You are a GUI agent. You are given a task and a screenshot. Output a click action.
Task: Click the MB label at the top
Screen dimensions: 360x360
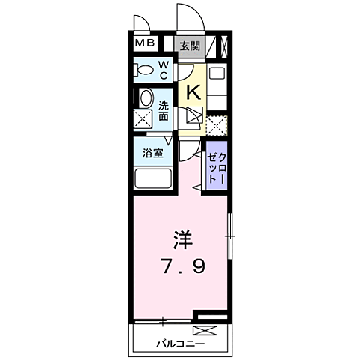coord(144,43)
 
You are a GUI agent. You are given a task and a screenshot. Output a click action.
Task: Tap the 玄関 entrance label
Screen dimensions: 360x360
coord(188,44)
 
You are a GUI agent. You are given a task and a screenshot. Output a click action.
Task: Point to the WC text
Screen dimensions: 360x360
coord(163,70)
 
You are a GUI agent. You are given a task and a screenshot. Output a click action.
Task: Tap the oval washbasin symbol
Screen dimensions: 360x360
coord(144,97)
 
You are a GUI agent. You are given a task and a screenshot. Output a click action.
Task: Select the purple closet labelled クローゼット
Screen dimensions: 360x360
coord(217,166)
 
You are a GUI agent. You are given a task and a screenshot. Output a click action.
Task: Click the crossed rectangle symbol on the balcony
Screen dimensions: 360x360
coord(204,330)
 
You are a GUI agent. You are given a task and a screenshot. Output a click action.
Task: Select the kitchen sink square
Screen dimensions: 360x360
coord(194,117)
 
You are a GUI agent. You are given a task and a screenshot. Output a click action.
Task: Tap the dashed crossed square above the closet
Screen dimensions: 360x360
coord(216,125)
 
